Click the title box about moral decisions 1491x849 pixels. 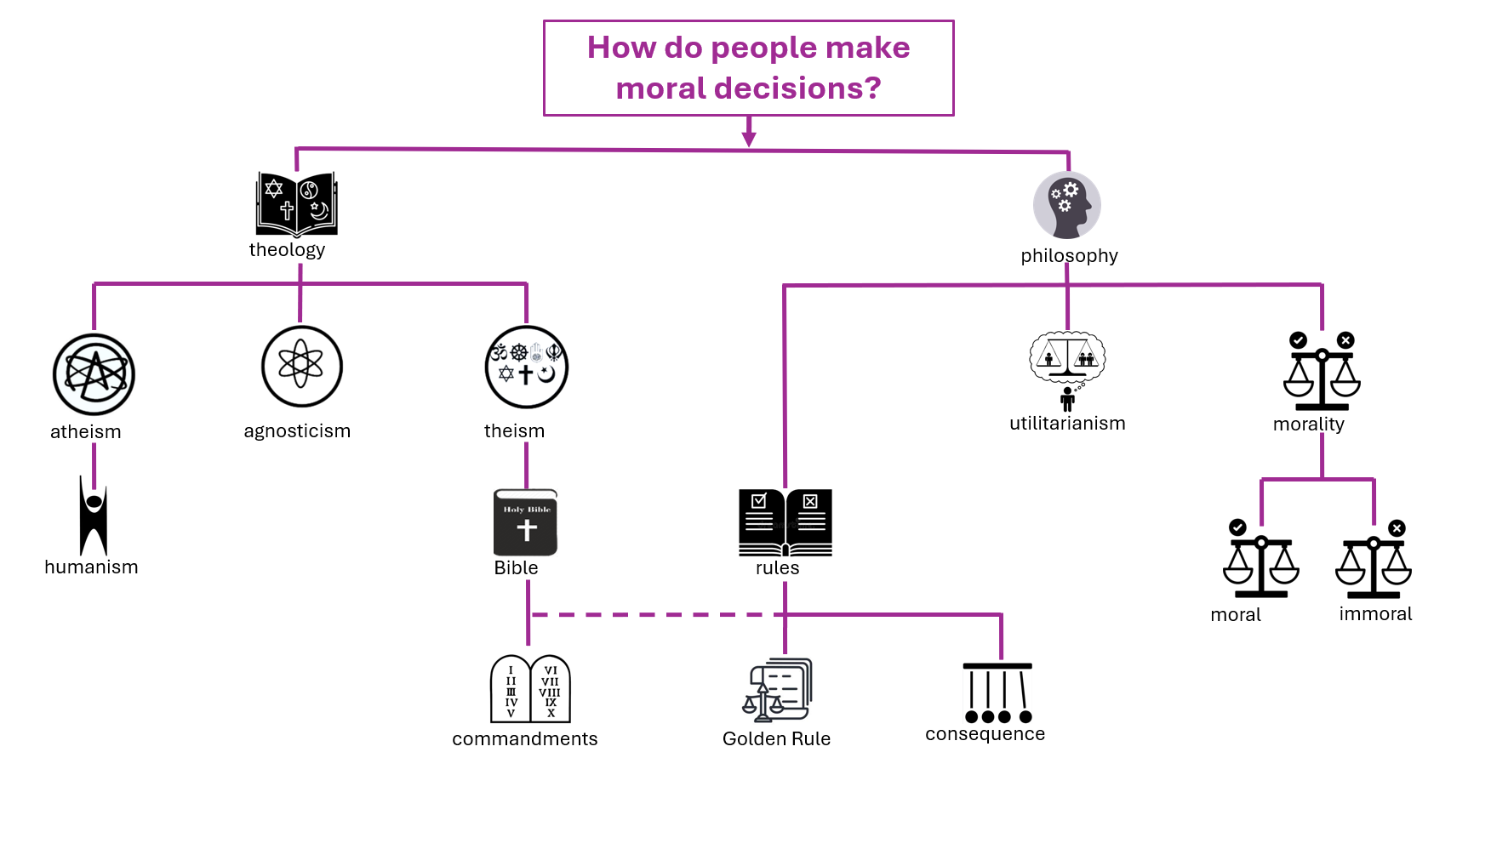[x=749, y=68]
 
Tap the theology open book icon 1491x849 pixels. [x=297, y=204]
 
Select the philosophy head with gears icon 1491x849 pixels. [x=1067, y=205]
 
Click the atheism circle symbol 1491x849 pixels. [x=94, y=374]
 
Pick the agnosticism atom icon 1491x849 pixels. [x=301, y=366]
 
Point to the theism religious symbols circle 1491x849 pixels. [x=527, y=367]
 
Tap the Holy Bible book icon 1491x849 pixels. [x=526, y=522]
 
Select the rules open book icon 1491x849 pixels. [x=785, y=522]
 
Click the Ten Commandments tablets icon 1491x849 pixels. [x=530, y=689]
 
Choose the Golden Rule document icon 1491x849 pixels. [x=777, y=689]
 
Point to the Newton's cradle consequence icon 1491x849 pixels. [x=997, y=692]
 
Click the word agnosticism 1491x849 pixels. [x=297, y=431]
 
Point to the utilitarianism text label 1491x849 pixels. [x=1067, y=423]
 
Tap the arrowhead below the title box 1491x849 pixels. [x=749, y=138]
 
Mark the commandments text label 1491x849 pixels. [x=525, y=738]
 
